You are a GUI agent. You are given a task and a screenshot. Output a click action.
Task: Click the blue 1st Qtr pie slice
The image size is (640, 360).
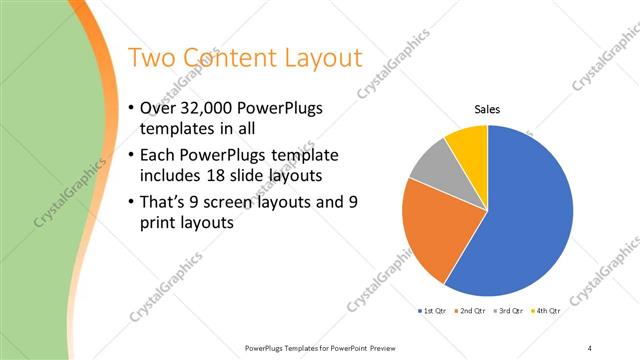coord(530,220)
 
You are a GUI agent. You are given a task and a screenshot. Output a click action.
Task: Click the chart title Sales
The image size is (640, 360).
coord(487,110)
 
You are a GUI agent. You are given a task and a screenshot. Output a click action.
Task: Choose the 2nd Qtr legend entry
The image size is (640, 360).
coord(470,312)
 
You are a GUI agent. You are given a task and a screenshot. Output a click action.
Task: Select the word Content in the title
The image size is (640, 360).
coord(229,57)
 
